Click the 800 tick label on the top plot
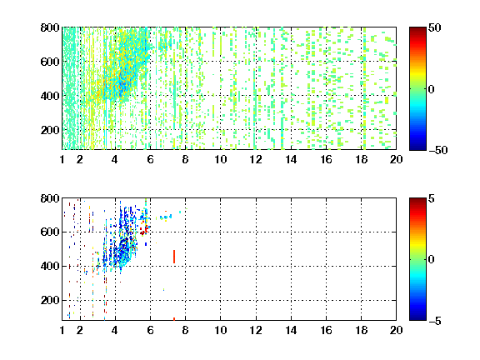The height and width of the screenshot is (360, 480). pos(50,27)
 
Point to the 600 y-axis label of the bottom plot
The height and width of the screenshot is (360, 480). pos(50,232)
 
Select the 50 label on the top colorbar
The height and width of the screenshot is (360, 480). pos(435,28)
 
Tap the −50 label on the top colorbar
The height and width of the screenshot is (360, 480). pos(437,150)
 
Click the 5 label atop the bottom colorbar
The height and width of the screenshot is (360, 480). pos(432,199)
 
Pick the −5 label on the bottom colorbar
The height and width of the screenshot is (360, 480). pos(435,321)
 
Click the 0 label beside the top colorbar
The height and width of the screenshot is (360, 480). pos(432,89)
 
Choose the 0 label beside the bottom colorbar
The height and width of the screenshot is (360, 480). pos(432,260)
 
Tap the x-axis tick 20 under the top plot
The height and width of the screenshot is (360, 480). pos(396,159)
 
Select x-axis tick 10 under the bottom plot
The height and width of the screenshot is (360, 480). pos(220,330)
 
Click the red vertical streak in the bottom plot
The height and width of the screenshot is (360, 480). pos(174,257)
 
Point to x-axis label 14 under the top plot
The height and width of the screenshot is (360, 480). pos(291,159)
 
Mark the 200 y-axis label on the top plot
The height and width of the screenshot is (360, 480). pos(50,130)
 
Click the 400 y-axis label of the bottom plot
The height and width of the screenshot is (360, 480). pos(50,266)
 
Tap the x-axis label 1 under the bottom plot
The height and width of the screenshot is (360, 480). pos(62,330)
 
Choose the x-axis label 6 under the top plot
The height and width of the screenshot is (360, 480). pos(150,159)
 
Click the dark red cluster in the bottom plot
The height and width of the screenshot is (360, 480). pos(144,230)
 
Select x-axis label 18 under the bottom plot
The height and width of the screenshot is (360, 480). pos(361,330)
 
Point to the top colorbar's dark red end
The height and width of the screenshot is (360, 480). pos(417,30)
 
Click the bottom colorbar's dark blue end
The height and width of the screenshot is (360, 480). pos(417,317)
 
